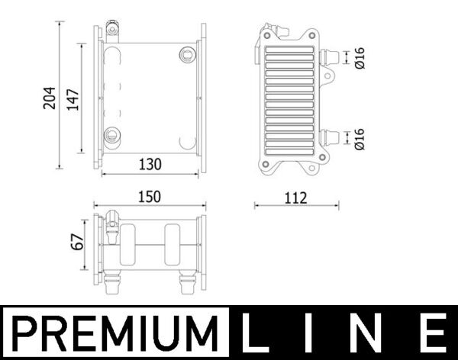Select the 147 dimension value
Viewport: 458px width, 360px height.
73,98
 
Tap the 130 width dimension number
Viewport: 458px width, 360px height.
150,163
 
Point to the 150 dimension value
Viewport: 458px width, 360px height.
150,197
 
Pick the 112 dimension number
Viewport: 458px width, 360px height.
295,198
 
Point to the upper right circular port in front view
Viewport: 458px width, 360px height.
185,53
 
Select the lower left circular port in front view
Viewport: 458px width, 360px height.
112,136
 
